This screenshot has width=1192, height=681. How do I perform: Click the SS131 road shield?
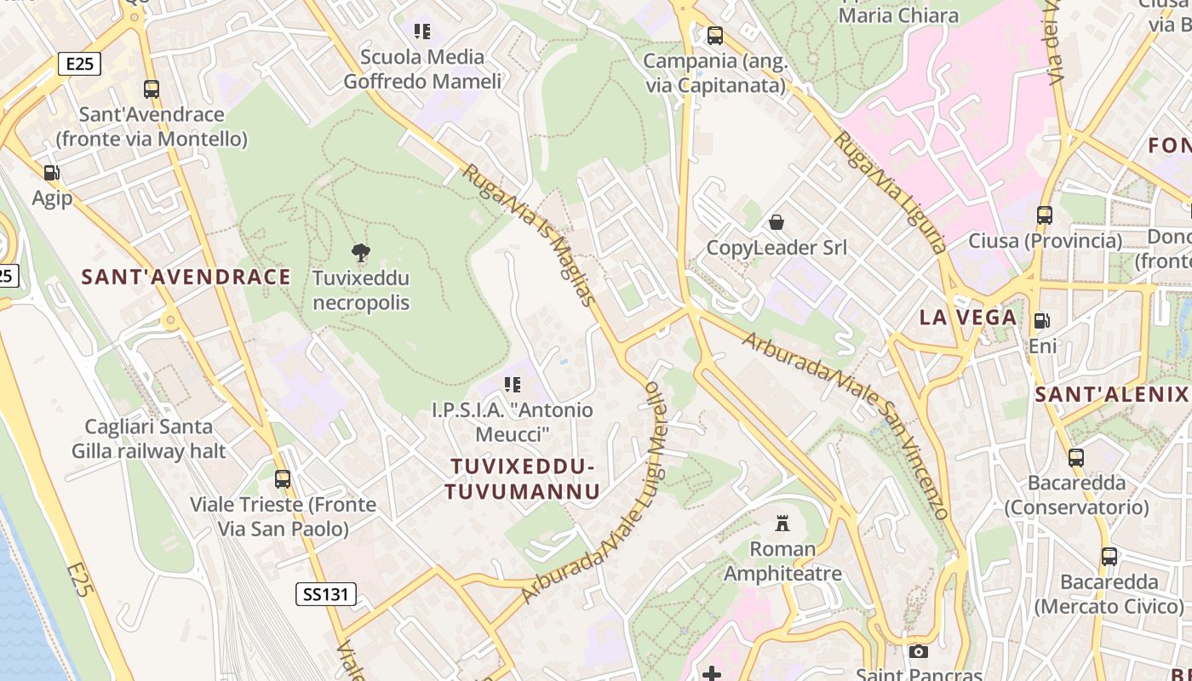coord(326,594)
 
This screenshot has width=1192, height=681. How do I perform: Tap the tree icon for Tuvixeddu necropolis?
coord(361,252)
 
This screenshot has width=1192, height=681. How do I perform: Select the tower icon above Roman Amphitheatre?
coord(782,523)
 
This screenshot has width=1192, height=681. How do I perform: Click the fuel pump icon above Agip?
coord(51,173)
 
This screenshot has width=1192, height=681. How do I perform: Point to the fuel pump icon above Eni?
coord(1041,321)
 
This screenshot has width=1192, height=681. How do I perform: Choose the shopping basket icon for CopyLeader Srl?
coord(777,222)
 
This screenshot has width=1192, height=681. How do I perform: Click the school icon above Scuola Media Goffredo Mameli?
coord(421,31)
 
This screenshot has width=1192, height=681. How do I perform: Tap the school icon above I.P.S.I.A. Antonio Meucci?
coord(512,385)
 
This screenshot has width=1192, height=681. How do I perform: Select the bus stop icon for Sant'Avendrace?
coord(152,89)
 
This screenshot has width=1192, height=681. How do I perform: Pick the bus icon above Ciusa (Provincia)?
coord(1045,215)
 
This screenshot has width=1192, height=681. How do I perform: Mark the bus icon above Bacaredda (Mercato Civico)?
coord(1109,557)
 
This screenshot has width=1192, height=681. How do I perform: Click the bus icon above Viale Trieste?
coord(283,479)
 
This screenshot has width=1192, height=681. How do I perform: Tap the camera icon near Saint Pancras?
coord(918,651)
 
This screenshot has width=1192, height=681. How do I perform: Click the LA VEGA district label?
coord(968,318)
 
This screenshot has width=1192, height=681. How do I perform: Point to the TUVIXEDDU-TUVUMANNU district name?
coord(522,478)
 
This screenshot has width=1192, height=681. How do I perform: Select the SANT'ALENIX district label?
coord(1111,394)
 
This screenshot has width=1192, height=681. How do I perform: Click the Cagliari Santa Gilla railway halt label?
coord(148,438)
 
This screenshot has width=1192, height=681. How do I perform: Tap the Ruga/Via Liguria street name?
coord(891,192)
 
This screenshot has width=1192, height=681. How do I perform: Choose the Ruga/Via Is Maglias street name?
coord(528,235)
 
